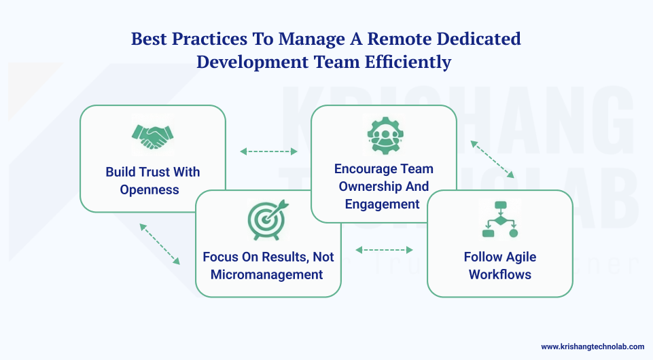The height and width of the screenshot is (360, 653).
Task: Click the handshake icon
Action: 152,137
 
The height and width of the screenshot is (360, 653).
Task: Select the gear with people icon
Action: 383,136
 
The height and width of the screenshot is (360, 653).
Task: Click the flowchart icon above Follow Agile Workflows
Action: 499,219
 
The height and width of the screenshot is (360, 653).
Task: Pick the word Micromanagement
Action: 266,274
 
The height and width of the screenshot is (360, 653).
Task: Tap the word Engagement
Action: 383,204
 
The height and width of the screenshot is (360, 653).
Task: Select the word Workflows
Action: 499,274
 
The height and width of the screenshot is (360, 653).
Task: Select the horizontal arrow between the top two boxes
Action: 269,151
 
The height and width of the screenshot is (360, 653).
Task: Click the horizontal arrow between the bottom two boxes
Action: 384,250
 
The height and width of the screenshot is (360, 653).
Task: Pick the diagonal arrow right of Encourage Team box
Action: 493,159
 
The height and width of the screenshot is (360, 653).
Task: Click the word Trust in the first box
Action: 155,172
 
